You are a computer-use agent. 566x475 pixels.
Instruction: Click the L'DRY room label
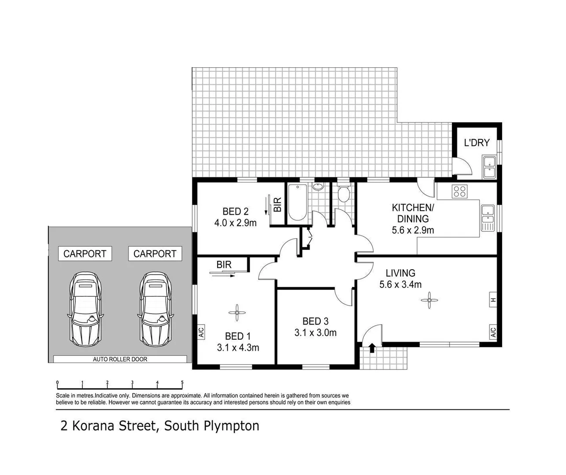(x=477, y=142)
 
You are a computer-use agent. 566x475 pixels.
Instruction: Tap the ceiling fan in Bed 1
(x=237, y=313)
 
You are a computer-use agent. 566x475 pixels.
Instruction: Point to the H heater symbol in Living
(x=493, y=300)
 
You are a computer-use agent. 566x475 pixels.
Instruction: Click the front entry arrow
(x=372, y=348)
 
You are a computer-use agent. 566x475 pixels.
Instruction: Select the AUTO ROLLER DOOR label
(x=120, y=359)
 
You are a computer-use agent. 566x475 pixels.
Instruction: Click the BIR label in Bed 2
(x=277, y=205)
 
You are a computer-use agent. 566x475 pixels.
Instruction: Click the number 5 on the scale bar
(x=182, y=383)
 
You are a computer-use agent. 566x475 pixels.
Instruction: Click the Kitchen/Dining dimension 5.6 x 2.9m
(x=413, y=230)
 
